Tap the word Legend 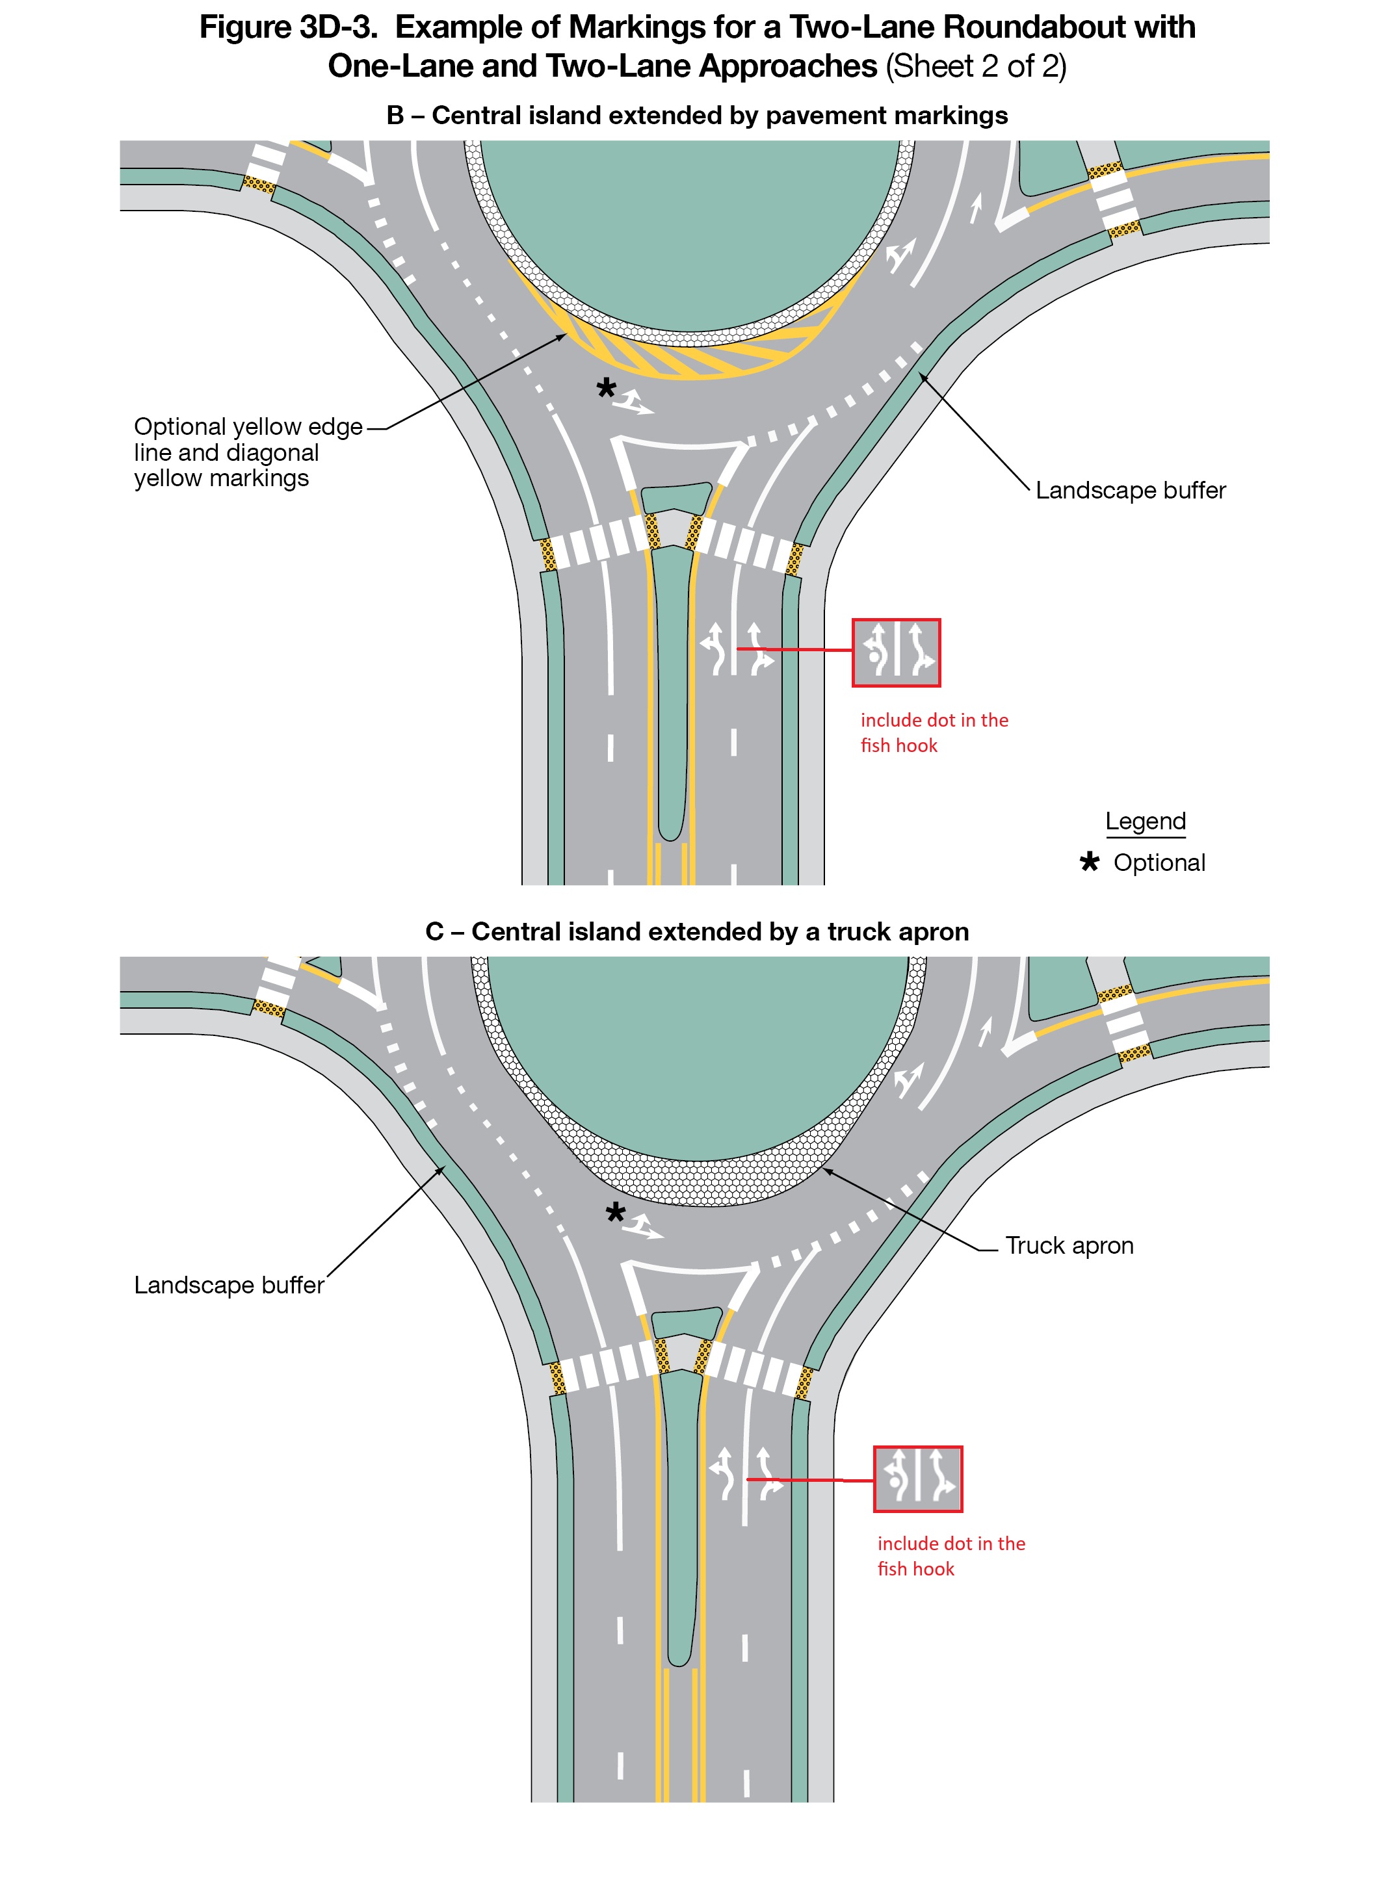pos(1144,821)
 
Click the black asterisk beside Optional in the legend pos(1089,862)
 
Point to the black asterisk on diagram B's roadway pos(606,389)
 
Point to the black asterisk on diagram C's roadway pos(615,1212)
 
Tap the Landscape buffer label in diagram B pos(1129,491)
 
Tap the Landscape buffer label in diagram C pos(229,1285)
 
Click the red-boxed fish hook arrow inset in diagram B pos(895,653)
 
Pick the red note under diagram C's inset pos(950,1556)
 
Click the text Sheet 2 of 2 pos(975,66)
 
